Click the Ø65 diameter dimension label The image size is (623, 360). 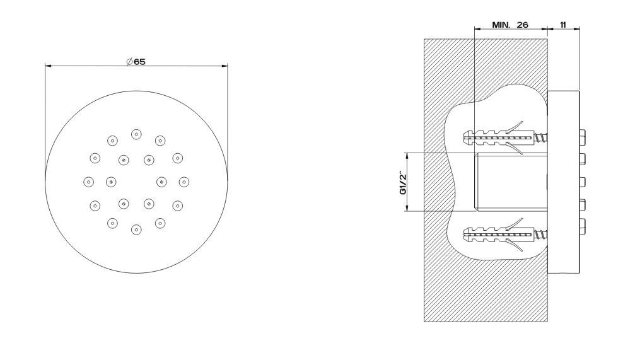pyautogui.click(x=136, y=61)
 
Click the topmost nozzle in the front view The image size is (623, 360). pyautogui.click(x=136, y=134)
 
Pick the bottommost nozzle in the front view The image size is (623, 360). pyautogui.click(x=136, y=229)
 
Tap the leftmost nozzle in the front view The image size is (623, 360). pyautogui.click(x=88, y=182)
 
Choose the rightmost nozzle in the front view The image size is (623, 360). pyautogui.click(x=183, y=182)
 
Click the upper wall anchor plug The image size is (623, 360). pyautogui.click(x=498, y=136)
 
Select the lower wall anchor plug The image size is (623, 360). pyautogui.click(x=498, y=238)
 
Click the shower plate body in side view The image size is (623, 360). pyautogui.click(x=563, y=182)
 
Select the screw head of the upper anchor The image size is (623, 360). pyautogui.click(x=541, y=136)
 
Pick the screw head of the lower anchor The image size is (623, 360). pyautogui.click(x=541, y=238)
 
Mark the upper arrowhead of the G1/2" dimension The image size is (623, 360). pyautogui.click(x=407, y=155)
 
